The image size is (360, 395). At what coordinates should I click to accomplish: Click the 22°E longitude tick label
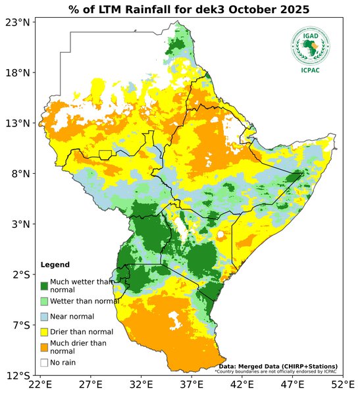pyautogui.click(x=40, y=384)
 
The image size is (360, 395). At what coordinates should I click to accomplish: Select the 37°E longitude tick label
pyautogui.click(x=192, y=384)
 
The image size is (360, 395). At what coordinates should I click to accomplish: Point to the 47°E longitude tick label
pyautogui.click(x=292, y=384)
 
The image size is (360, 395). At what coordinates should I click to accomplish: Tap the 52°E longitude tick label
pyautogui.click(x=342, y=384)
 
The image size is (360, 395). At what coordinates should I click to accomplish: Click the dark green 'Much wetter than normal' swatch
pyautogui.click(x=44, y=286)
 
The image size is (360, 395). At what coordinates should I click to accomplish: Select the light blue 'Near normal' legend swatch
pyautogui.click(x=44, y=317)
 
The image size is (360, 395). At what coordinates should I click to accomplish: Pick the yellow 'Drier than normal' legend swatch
pyautogui.click(x=44, y=332)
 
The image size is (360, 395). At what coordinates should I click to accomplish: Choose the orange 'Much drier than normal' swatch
pyautogui.click(x=44, y=347)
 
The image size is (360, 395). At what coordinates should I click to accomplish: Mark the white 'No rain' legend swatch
pyautogui.click(x=44, y=362)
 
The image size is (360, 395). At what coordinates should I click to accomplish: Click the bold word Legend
pyautogui.click(x=55, y=265)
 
